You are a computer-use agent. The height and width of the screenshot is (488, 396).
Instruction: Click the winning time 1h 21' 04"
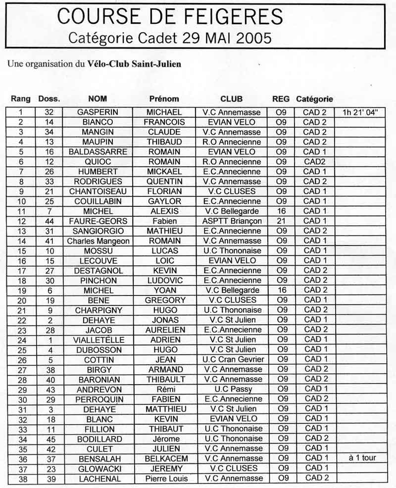(359, 112)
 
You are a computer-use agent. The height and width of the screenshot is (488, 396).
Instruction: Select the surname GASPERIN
(98, 112)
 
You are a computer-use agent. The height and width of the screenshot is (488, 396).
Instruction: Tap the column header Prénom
(164, 98)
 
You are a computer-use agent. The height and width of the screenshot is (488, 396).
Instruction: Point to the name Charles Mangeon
(98, 241)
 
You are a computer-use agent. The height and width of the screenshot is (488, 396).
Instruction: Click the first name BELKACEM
(164, 458)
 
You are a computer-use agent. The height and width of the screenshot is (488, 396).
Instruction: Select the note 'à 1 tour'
(359, 458)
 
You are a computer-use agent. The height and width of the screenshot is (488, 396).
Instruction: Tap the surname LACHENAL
(98, 478)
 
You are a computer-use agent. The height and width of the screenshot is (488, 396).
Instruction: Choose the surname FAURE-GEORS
(98, 221)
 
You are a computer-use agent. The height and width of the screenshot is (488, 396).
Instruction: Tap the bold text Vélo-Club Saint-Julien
(134, 64)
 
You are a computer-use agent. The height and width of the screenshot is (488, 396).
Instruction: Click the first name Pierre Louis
(164, 478)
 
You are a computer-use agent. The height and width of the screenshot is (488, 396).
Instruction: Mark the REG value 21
(281, 221)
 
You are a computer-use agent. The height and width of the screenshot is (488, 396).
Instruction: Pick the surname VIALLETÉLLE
(98, 340)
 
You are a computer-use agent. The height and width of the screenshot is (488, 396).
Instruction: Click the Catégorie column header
(314, 98)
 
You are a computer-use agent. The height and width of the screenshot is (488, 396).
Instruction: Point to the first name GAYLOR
(164, 201)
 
